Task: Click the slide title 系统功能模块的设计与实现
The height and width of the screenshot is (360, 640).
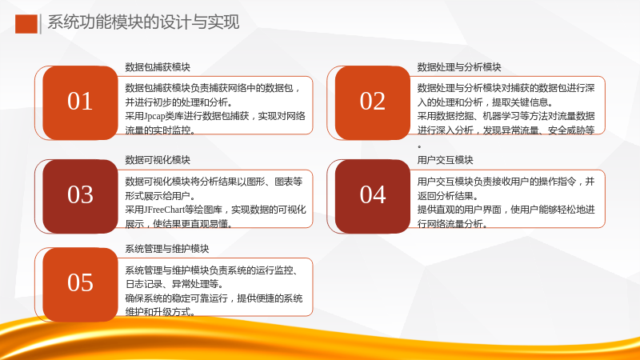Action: click(143, 22)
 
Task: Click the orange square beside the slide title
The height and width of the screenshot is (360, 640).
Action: click(26, 24)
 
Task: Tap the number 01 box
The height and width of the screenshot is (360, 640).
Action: click(80, 103)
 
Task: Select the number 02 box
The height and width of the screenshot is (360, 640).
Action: click(372, 103)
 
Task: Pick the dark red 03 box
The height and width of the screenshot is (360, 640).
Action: click(80, 196)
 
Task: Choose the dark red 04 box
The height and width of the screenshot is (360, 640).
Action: click(372, 196)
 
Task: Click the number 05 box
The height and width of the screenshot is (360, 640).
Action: click(80, 285)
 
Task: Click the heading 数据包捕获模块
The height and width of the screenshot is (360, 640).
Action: click(158, 67)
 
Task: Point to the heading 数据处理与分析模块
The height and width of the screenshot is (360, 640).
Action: click(459, 67)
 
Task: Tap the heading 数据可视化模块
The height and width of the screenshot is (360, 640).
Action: click(158, 160)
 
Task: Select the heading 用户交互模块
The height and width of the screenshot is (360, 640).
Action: click(445, 160)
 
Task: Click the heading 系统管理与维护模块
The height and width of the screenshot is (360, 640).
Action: click(167, 249)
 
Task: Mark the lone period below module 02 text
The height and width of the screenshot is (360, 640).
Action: click(419, 146)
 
